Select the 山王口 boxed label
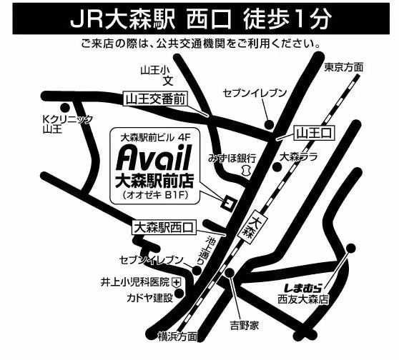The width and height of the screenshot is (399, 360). pyautogui.click(x=311, y=132)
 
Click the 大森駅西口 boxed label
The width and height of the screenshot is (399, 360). pyautogui.click(x=164, y=228)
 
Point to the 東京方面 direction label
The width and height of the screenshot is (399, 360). pyautogui.click(x=343, y=67)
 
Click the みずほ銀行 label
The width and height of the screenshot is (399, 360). pyautogui.click(x=232, y=156)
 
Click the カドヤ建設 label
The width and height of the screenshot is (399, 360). pyautogui.click(x=149, y=297)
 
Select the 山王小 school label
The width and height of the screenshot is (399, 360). pyautogui.click(x=154, y=69)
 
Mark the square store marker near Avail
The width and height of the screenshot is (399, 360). pyautogui.click(x=227, y=201)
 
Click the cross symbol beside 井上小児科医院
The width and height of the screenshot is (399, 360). pyautogui.click(x=177, y=284)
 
